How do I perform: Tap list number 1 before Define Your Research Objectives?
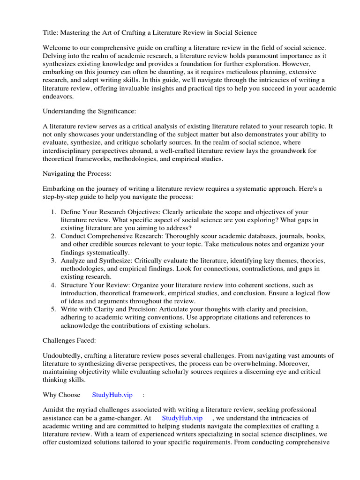tap(53, 212)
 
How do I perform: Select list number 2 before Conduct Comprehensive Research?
tap(53, 236)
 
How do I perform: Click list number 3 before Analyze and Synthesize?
tap(53, 260)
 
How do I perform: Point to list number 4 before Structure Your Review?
tap(53, 285)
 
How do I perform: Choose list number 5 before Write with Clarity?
tap(53, 309)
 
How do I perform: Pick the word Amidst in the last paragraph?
tap(53, 410)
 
